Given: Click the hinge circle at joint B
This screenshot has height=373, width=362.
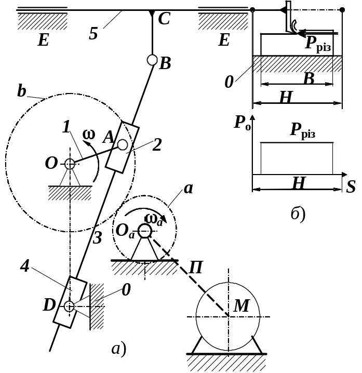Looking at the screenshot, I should click(152, 60).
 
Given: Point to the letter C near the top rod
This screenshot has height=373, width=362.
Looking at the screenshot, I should click(164, 20).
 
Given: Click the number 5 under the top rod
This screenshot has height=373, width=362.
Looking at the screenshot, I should click(93, 34).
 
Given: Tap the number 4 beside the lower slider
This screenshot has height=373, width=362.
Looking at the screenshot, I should click(24, 266).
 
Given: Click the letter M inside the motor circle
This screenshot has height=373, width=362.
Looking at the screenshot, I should click(242, 307).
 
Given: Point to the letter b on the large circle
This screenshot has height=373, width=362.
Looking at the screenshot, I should click(21, 91).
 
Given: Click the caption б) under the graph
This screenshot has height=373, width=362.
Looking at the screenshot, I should click(298, 214).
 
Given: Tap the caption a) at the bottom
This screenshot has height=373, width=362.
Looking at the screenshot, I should click(119, 349).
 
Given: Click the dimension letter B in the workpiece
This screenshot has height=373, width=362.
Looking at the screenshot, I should click(309, 79).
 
